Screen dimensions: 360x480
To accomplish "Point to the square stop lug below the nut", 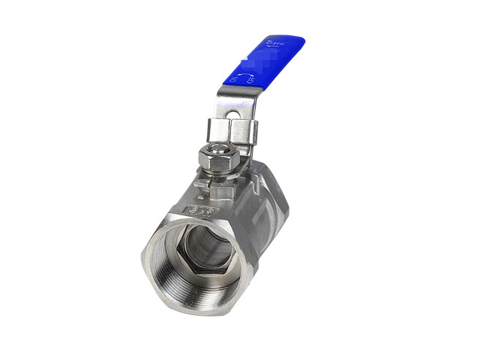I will point(200,184).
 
